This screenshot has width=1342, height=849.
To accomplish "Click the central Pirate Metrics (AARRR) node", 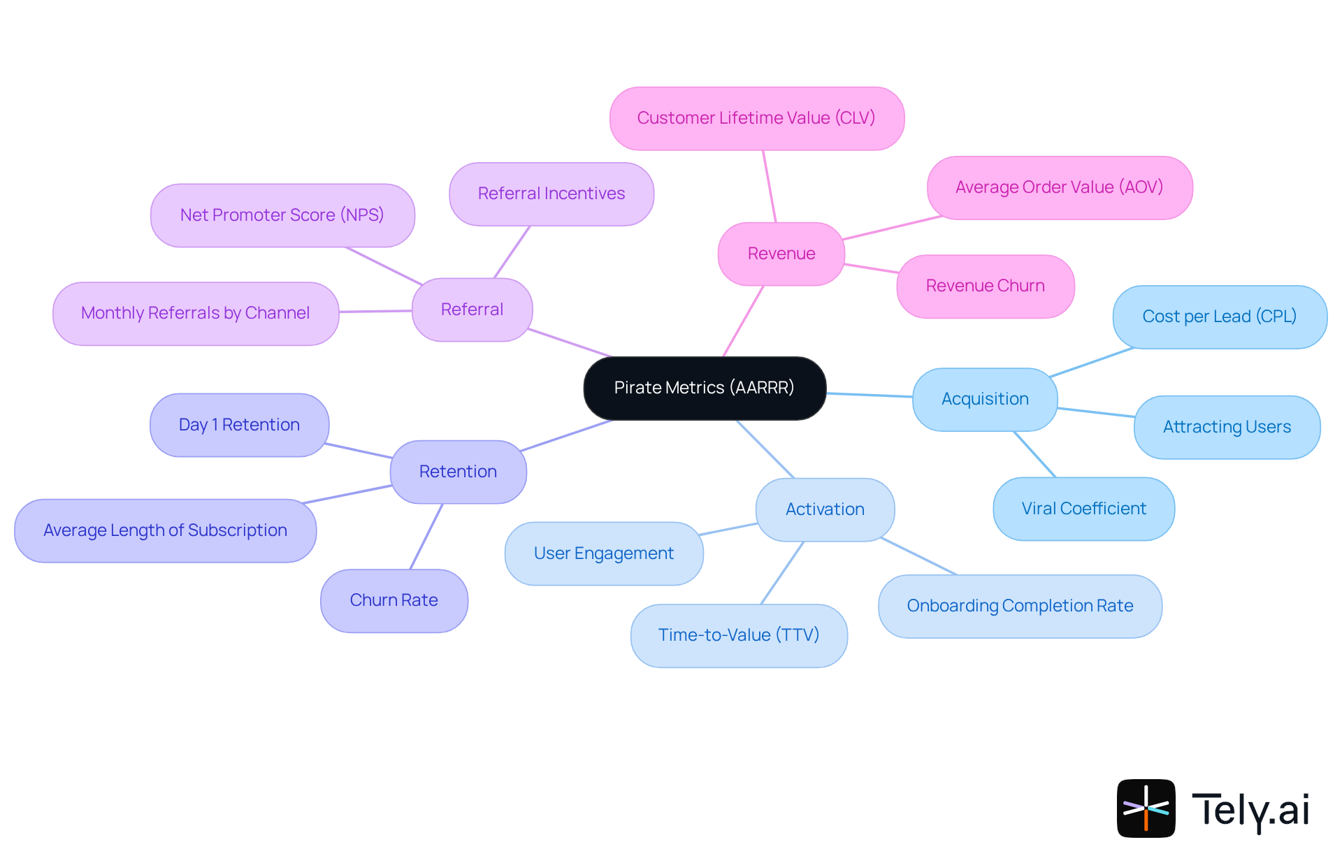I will point(705,388).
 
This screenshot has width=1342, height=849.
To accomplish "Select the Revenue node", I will point(781,254).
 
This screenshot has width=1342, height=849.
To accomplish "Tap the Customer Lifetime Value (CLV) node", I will point(756,118).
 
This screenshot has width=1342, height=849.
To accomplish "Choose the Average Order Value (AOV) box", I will point(1059,187).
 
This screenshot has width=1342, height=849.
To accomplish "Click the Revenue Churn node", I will point(985,286).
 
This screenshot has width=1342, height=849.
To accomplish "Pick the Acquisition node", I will point(984,399).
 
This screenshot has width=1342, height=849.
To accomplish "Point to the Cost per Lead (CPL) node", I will point(1219,317).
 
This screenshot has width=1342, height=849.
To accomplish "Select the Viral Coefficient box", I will point(1083,509).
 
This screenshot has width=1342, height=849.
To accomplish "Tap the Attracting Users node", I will point(1227,427).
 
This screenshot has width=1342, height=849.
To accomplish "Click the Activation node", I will point(825,509).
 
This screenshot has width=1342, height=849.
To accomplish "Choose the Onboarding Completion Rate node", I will point(1020,606).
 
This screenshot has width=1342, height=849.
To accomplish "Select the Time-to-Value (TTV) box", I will point(739,635).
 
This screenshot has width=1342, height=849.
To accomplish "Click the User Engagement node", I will point(604,553).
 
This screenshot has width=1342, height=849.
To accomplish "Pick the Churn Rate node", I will point(394,600).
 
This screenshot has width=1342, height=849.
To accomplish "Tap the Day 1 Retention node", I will point(239,425).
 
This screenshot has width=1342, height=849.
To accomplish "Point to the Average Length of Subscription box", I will point(165,530).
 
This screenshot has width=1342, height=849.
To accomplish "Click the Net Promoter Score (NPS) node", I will point(282,215).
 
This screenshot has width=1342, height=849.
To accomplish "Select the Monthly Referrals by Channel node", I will point(196,313).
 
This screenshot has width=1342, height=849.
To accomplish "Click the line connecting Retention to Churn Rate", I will point(426,536).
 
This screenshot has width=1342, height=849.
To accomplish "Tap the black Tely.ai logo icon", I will point(1146,808).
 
